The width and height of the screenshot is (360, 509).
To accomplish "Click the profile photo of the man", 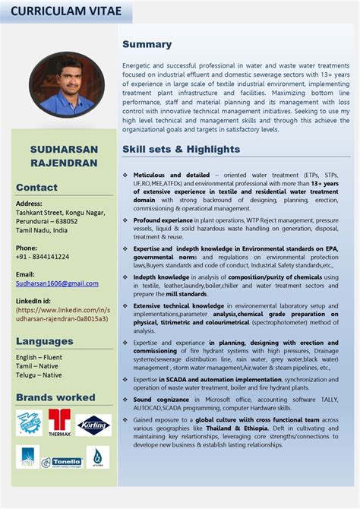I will click(67, 85).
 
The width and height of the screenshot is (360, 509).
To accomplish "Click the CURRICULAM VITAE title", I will click(57, 11).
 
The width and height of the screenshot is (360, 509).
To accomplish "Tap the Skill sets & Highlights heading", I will click(181, 149).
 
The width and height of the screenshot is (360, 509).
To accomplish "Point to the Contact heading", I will click(36, 187).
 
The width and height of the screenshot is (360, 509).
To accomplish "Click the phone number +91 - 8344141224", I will click(43, 257).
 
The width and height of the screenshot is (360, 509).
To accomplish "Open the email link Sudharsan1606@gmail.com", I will click(57, 283).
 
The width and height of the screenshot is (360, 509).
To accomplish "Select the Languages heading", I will click(45, 341).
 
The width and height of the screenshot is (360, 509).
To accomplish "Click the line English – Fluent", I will click(39, 357).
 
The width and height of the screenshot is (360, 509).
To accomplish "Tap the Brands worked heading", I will click(55, 397).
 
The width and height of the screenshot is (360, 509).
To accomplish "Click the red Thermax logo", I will click(59, 422).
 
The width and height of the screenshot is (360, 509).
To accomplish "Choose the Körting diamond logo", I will click(93, 425).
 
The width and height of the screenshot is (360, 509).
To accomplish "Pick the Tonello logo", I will click(62, 461).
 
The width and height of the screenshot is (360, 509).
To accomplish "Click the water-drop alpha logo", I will click(97, 457).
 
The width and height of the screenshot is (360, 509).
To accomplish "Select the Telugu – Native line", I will click(39, 375).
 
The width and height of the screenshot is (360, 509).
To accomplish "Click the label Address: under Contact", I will click(29, 204).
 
